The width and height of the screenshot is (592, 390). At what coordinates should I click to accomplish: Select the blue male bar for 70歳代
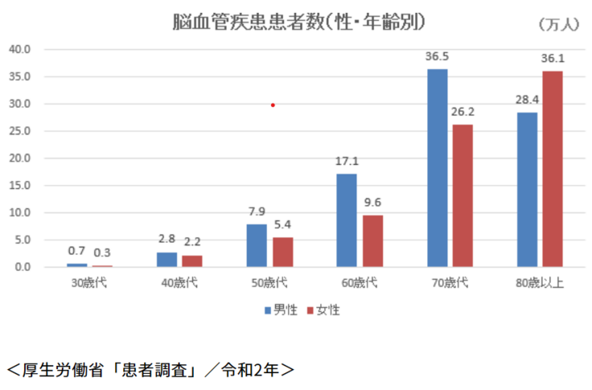click(438, 168)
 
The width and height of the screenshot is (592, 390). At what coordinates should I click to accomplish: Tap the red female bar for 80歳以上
click(552, 169)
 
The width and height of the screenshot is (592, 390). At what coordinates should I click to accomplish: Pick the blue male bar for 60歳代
click(347, 220)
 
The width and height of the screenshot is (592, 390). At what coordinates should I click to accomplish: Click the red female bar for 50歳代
click(282, 252)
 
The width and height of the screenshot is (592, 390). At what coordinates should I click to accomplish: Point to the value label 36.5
click(438, 58)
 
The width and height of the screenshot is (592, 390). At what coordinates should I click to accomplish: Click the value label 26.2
click(462, 113)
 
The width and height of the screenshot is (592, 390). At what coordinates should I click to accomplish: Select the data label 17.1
click(347, 162)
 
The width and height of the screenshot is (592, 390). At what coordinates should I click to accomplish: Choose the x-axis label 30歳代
click(89, 283)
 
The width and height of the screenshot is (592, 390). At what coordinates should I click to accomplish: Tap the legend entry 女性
click(323, 310)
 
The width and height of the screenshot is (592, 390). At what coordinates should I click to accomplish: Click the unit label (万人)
click(557, 24)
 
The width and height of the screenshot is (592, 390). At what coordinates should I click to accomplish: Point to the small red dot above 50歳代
click(273, 105)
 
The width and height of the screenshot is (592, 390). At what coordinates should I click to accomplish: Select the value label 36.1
click(553, 59)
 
